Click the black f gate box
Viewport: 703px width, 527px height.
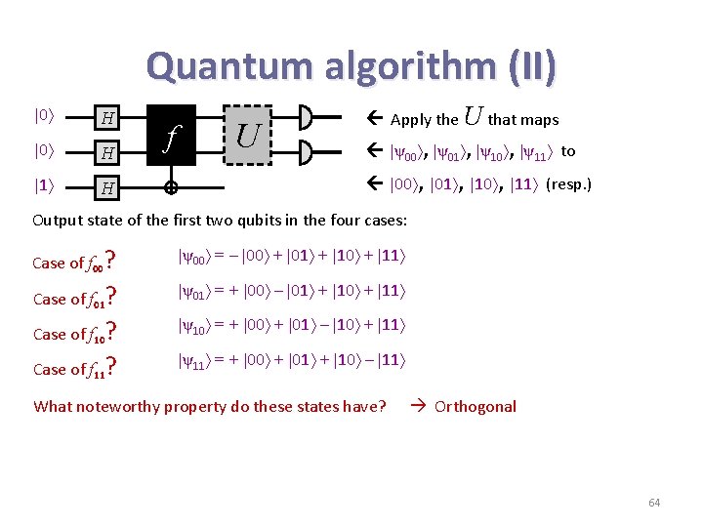click(x=172, y=136)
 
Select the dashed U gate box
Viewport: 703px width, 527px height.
click(x=248, y=135)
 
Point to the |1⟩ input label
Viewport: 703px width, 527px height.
click(x=43, y=184)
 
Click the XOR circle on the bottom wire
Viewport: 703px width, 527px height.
click(x=172, y=185)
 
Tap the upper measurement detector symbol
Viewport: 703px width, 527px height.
click(x=306, y=119)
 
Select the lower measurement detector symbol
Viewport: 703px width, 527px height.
click(x=306, y=152)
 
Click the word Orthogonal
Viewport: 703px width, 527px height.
click(x=476, y=406)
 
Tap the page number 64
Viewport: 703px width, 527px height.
click(x=654, y=503)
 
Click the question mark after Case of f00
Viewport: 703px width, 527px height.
click(x=112, y=260)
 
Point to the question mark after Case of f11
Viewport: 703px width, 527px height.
click(x=112, y=367)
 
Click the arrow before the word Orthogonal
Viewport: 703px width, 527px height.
click(x=416, y=406)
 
